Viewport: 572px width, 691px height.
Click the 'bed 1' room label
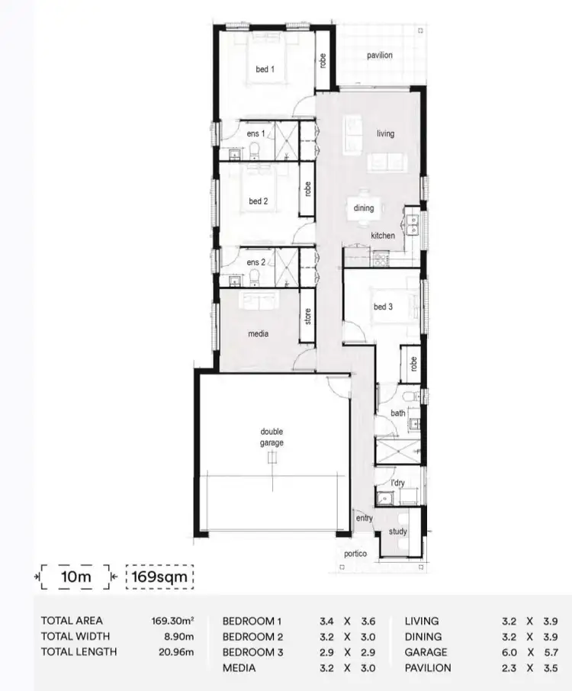pyautogui.click(x=265, y=69)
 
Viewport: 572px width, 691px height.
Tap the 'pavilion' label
pyautogui.click(x=379, y=56)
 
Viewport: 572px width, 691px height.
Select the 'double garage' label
pyautogui.click(x=271, y=437)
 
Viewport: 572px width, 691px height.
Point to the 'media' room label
pyautogui.click(x=258, y=333)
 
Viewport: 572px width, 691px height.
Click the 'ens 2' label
pyautogui.click(x=256, y=263)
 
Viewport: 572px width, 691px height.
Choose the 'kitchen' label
pyautogui.click(x=383, y=236)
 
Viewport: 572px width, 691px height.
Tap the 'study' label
pyautogui.click(x=397, y=532)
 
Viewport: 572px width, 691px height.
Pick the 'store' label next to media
pyautogui.click(x=308, y=316)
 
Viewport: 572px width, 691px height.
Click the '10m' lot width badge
pyautogui.click(x=76, y=577)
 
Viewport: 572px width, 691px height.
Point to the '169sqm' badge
pyautogui.click(x=159, y=577)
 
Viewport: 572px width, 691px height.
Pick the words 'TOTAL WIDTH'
pyautogui.click(x=76, y=636)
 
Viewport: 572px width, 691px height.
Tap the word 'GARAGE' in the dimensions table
pyautogui.click(x=426, y=652)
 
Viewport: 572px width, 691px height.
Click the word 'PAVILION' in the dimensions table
pyautogui.click(x=427, y=667)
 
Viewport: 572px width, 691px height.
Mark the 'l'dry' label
pyautogui.click(x=397, y=483)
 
